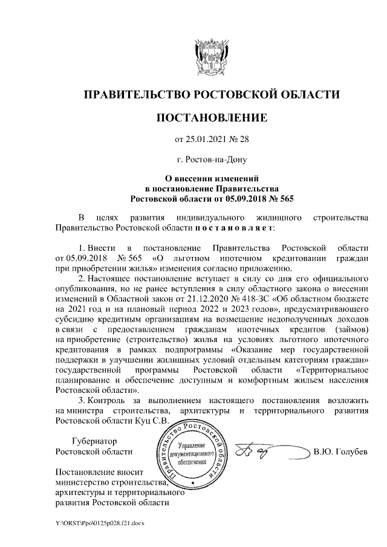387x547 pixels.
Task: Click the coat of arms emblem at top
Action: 211,56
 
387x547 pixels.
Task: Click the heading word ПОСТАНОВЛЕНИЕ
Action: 211,117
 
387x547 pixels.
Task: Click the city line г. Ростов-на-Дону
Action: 211,160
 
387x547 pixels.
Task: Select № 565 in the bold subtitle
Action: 281,198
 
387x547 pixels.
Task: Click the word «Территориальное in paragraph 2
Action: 331,369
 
